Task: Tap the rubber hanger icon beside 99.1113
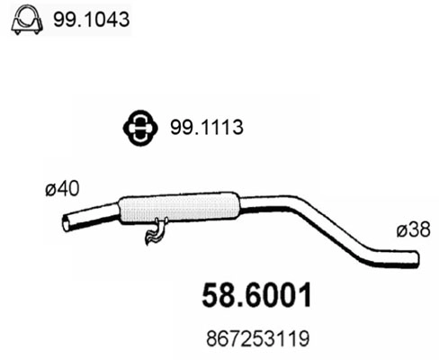(x=139, y=128)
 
